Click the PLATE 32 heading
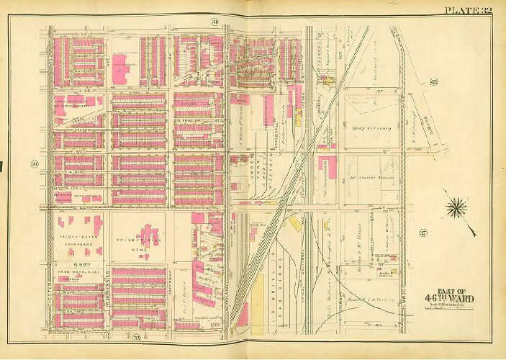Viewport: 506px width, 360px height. (x=469, y=9)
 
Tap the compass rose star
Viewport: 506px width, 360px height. (x=456, y=209)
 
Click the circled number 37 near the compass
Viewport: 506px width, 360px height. (x=423, y=232)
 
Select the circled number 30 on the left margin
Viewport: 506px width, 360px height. (x=35, y=165)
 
